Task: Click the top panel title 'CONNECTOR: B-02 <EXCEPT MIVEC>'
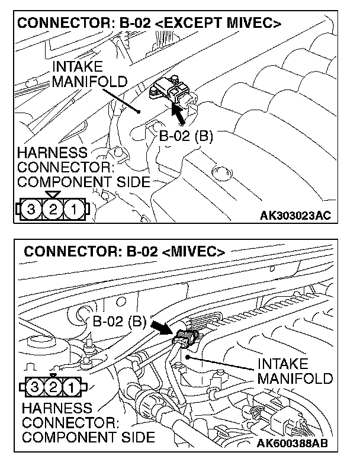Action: point(149,24)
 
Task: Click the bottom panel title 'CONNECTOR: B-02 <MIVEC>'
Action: point(124,251)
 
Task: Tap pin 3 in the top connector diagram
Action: point(31,208)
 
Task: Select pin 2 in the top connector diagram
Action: point(53,208)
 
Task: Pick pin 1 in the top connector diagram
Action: point(73,208)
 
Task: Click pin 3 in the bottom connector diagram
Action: point(37,388)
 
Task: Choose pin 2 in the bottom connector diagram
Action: point(53,388)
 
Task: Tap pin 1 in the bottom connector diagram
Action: point(70,388)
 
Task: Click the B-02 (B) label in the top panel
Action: point(186,135)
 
